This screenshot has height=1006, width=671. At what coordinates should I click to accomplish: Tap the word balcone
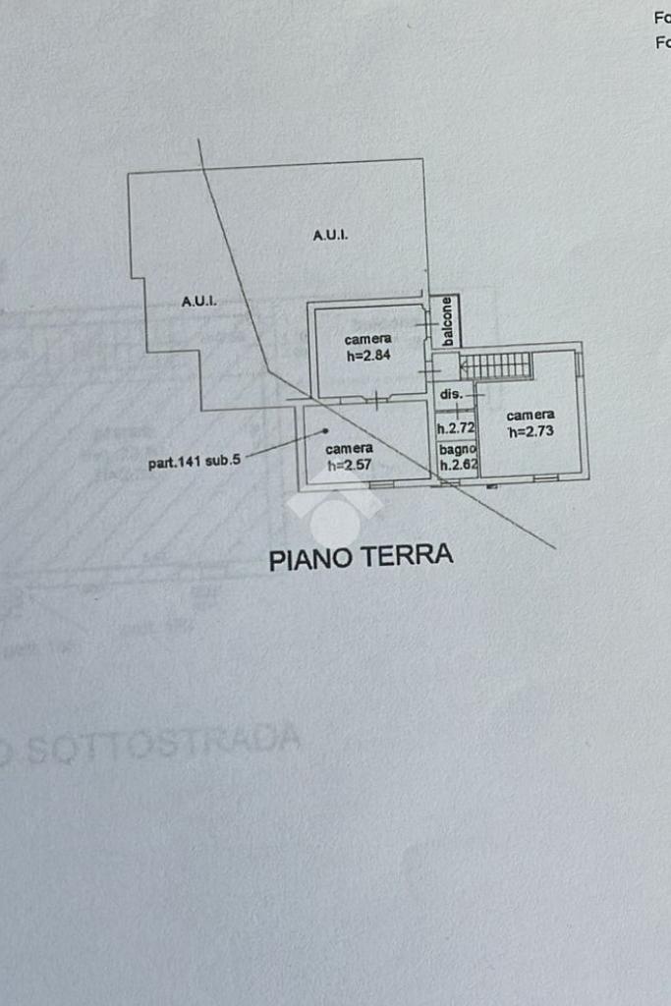[x=447, y=320]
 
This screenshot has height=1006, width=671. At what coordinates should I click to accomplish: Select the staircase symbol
[x=496, y=365]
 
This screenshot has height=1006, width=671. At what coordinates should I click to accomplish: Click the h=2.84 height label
[x=368, y=356]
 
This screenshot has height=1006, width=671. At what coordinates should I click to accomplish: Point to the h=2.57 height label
[x=349, y=465]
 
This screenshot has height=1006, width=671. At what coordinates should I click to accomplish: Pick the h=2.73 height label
[x=531, y=431]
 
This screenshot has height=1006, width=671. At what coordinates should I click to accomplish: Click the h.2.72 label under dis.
[x=456, y=428]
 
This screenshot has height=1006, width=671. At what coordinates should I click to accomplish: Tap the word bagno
[x=457, y=450]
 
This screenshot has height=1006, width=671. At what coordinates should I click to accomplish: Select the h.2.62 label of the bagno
[x=458, y=467]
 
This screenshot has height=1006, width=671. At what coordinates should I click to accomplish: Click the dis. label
[x=451, y=394]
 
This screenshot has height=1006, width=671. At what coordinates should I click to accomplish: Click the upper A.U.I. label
[x=330, y=235]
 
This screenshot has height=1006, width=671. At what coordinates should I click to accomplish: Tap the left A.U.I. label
[x=199, y=301]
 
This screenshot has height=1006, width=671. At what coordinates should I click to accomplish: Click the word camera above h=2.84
[x=367, y=339]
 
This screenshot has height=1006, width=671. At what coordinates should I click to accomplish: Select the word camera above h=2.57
[x=349, y=448]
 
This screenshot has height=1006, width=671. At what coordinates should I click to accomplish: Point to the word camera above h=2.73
[x=531, y=415]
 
